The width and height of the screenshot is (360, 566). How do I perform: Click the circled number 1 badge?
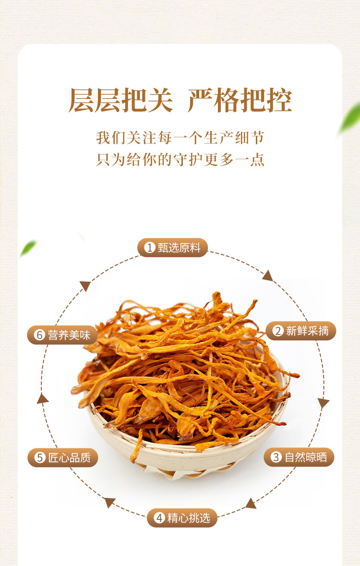(149, 248)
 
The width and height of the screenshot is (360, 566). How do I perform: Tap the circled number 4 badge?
(159, 518)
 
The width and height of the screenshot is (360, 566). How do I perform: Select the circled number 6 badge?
(39, 335)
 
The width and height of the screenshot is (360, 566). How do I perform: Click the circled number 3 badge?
(276, 458)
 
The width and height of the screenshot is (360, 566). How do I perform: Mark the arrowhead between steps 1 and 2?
(268, 276)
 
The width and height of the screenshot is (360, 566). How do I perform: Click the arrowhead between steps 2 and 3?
(323, 403)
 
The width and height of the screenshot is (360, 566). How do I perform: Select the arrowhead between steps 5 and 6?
(42, 399)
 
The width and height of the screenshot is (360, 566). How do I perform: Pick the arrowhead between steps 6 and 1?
(85, 286)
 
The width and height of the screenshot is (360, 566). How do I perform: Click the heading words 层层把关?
(120, 100)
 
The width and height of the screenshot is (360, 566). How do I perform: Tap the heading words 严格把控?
(240, 100)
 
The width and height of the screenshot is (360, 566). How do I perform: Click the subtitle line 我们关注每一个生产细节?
(180, 138)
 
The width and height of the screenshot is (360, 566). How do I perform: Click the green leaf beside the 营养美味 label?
(28, 248)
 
